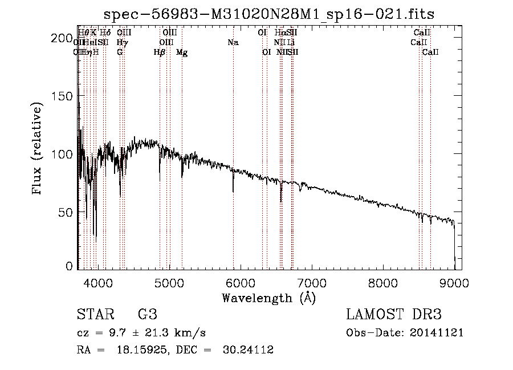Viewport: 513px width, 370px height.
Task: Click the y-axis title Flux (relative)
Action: click(x=38, y=149)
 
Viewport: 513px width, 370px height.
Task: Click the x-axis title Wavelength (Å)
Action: click(x=268, y=298)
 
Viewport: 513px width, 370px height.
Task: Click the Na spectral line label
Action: click(x=233, y=43)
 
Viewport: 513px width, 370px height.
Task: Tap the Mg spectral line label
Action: click(x=182, y=52)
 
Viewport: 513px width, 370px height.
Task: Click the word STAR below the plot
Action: click(x=94, y=315)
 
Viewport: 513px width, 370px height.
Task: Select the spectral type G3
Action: click(x=148, y=315)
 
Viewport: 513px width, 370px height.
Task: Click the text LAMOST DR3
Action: click(x=394, y=315)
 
